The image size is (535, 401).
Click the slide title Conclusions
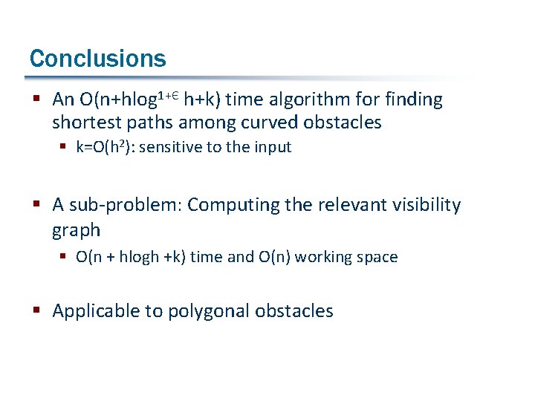click(x=97, y=58)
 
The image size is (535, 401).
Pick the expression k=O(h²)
click(x=106, y=147)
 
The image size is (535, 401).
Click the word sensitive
click(x=170, y=147)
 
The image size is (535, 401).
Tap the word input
click(x=272, y=147)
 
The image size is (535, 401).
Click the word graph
click(x=76, y=231)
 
